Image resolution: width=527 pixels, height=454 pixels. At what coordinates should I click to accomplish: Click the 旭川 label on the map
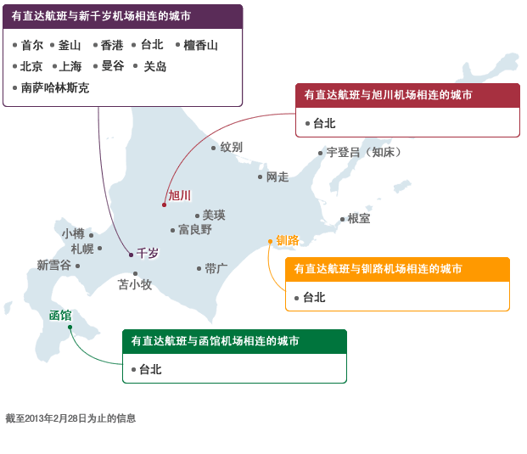pos(179,195)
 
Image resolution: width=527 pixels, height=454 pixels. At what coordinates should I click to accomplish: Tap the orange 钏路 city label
pos(288,240)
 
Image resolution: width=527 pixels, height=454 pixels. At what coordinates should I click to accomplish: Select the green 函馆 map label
pos(59,316)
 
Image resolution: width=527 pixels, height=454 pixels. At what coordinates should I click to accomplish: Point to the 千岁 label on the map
pos(148,253)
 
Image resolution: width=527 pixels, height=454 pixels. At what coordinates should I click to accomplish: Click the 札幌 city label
pos(82,249)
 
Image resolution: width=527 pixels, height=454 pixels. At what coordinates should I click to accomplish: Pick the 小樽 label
pos(73,233)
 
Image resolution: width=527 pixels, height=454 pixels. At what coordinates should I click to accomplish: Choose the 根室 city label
pos(358,218)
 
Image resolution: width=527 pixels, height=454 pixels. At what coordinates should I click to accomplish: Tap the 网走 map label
pos(278,177)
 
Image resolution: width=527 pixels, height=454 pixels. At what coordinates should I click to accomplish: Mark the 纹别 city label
pos(231,147)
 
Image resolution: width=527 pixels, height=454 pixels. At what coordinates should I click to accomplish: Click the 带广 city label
pos(216,268)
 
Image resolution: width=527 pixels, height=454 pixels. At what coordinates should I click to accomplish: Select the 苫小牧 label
pos(134,284)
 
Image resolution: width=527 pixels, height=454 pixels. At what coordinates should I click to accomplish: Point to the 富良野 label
pos(195,229)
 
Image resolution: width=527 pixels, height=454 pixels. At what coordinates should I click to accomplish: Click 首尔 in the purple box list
pos(32,45)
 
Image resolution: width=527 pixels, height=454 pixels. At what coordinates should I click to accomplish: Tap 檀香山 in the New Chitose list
pos(200,45)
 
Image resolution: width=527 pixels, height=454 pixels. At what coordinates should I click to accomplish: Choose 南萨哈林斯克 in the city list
pos(54,87)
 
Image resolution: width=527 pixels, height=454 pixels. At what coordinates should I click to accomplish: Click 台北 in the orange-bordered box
pos(314,297)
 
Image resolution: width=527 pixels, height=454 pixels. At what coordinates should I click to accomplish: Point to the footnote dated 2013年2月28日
pos(70,418)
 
